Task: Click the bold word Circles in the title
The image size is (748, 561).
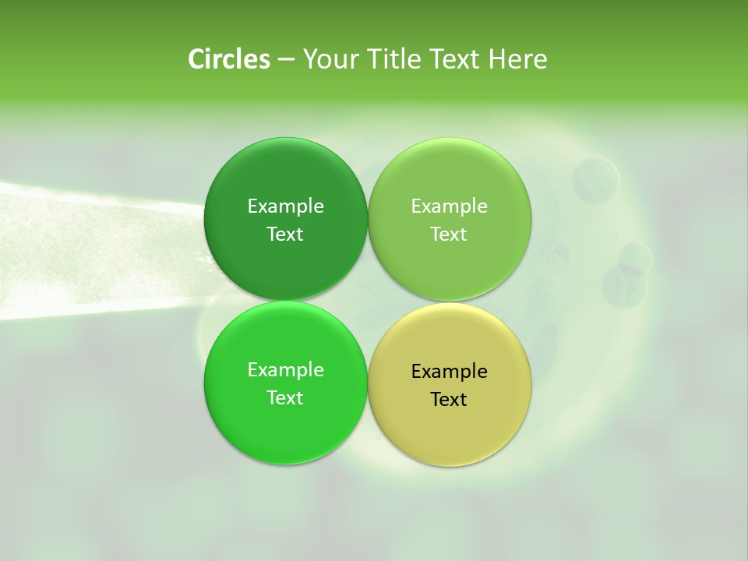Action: click(229, 59)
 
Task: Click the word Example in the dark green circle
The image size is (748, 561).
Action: click(285, 206)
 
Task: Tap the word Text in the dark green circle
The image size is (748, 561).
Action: click(285, 235)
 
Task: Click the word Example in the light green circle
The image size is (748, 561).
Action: click(449, 206)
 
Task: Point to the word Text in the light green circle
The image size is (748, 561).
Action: click(449, 235)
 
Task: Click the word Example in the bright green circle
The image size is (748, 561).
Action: click(285, 370)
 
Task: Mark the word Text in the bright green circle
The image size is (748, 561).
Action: click(285, 398)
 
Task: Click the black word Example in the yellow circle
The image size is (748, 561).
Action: click(449, 372)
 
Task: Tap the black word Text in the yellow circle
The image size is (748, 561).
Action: click(449, 400)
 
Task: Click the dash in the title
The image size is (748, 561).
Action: click(286, 60)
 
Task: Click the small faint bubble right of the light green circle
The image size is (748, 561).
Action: click(595, 179)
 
